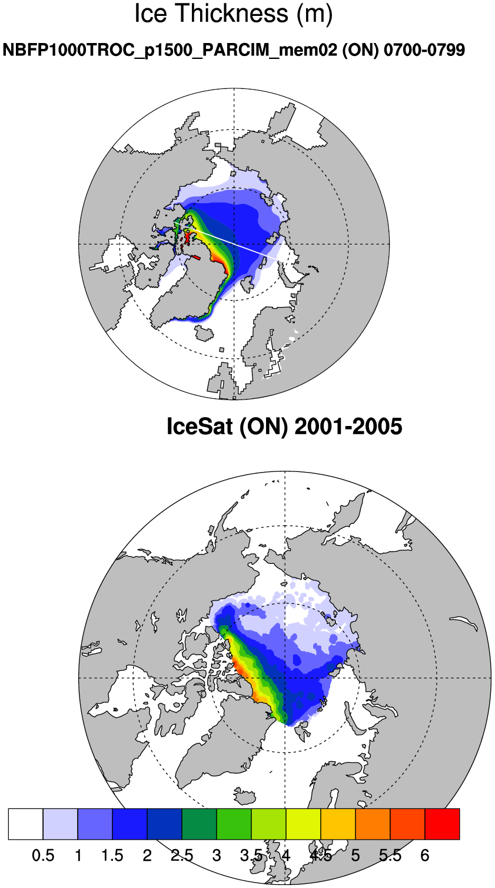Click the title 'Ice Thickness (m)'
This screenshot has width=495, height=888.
click(x=234, y=14)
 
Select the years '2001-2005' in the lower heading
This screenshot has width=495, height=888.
click(x=348, y=426)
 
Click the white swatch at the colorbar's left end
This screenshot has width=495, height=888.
click(x=26, y=824)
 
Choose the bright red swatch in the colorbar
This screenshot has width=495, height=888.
click(x=442, y=824)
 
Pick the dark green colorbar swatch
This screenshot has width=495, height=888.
click(x=200, y=824)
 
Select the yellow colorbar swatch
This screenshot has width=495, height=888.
click(x=304, y=824)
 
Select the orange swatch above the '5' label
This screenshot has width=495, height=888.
click(x=373, y=824)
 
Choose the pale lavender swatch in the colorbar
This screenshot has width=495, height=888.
click(x=61, y=824)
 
